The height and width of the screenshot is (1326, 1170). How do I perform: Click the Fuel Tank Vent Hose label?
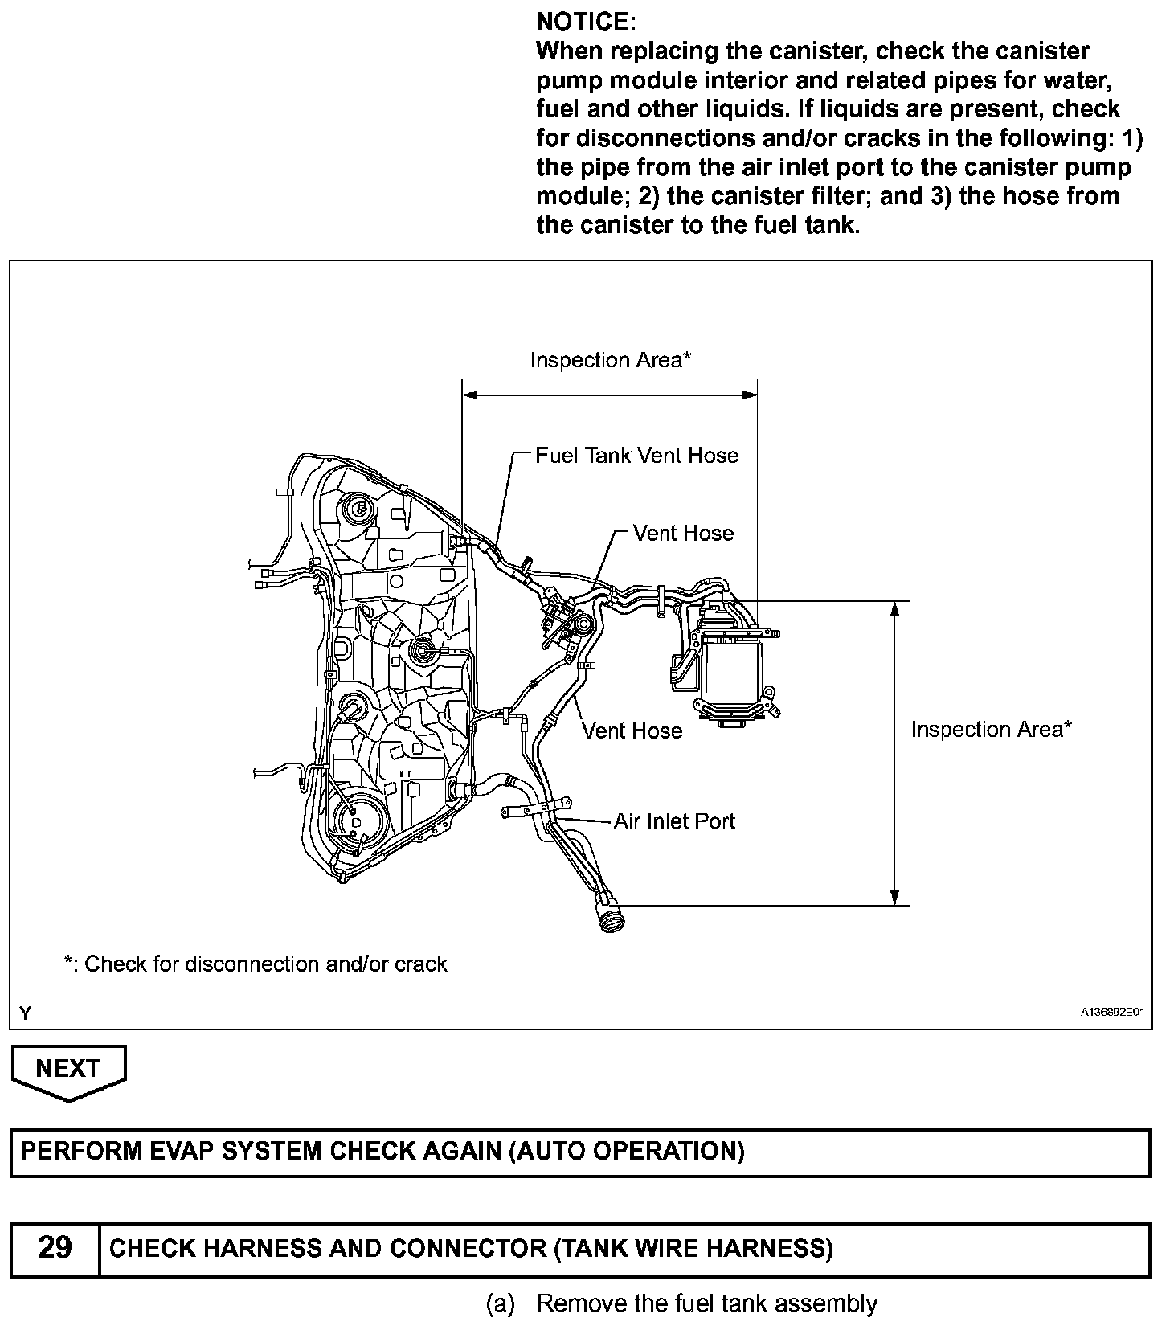click(x=636, y=456)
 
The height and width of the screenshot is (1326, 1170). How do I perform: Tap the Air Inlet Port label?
click(x=674, y=821)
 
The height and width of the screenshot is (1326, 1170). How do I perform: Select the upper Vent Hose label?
click(x=683, y=534)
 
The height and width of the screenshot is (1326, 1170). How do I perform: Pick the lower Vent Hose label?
click(x=632, y=731)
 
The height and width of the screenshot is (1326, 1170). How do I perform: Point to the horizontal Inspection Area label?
click(x=610, y=361)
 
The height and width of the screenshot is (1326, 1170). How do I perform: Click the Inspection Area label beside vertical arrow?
click(x=991, y=730)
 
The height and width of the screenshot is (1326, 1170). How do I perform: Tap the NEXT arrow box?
click(x=68, y=1070)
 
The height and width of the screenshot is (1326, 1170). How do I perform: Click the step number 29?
click(x=55, y=1248)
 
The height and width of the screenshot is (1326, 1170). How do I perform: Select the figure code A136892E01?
click(x=1111, y=1013)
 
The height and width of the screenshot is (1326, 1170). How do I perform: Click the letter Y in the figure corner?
click(x=26, y=1013)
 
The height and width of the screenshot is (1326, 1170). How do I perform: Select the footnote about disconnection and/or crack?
click(x=256, y=964)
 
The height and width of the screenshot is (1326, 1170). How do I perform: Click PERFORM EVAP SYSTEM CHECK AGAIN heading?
click(x=382, y=1152)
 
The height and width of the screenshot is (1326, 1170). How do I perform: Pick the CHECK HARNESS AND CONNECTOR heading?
click(x=471, y=1248)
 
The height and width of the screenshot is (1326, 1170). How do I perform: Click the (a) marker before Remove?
click(x=500, y=1303)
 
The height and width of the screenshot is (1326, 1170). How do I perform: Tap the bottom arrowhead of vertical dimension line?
click(x=894, y=898)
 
